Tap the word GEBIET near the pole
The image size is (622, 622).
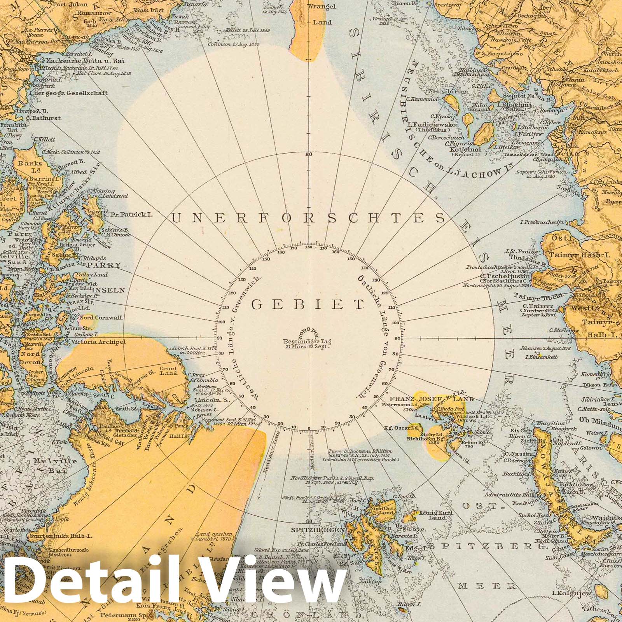click(309, 304)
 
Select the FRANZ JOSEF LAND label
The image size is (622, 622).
click(432, 399)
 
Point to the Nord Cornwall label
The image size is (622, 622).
click(101, 318)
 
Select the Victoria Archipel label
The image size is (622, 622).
click(99, 342)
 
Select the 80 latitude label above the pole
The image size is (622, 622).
click(309, 155)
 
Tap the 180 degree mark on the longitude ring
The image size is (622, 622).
click(309, 248)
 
